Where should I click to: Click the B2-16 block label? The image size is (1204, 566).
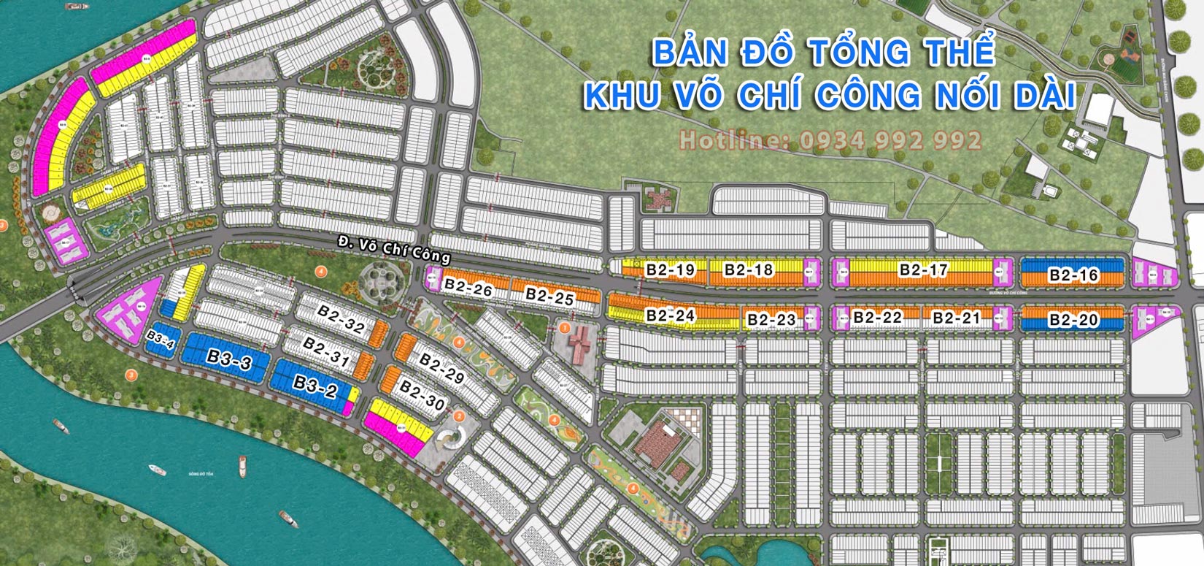click(1073, 275)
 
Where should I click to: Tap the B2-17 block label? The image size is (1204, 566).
click(923, 270)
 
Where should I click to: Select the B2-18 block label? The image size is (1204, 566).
click(748, 270)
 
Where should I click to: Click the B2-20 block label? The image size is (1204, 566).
click(1073, 320)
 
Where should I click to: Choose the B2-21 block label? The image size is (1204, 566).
click(956, 318)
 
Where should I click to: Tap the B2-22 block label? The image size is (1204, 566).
click(877, 317)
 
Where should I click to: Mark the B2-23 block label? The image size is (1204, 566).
click(771, 320)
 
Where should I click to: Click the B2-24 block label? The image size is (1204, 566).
click(670, 315)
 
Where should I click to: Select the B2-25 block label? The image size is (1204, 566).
click(549, 297)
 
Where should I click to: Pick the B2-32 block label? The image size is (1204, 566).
click(341, 320)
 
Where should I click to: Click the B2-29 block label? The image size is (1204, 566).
click(441, 369)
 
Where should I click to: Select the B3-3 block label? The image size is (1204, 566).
click(229, 359)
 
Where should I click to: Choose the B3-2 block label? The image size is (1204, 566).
click(314, 385)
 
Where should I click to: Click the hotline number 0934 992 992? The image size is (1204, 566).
click(890, 140)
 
